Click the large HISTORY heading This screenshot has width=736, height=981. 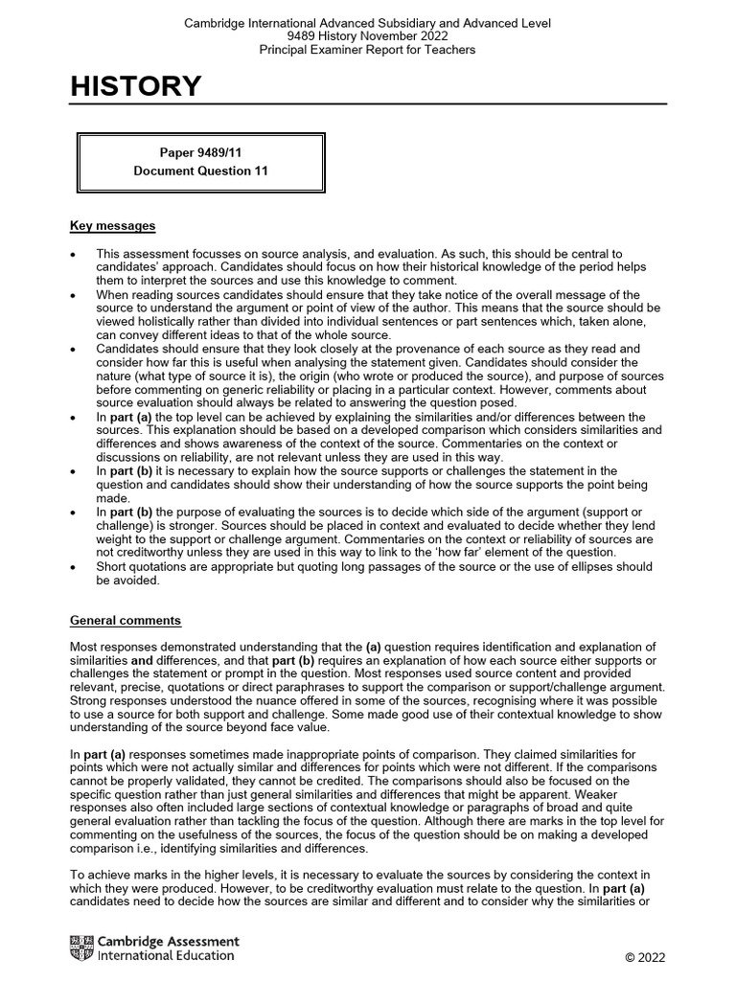pyautogui.click(x=135, y=87)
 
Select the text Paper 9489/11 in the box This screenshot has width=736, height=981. pyautogui.click(x=201, y=152)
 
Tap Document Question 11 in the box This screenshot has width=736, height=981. pyautogui.click(x=201, y=171)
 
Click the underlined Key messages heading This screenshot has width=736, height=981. pyautogui.click(x=112, y=226)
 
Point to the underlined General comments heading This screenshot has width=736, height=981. pyautogui.click(x=125, y=621)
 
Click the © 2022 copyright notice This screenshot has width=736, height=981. pyautogui.click(x=644, y=957)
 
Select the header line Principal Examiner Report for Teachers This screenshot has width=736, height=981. pyautogui.click(x=367, y=49)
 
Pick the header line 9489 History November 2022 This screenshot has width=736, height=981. pyautogui.click(x=367, y=35)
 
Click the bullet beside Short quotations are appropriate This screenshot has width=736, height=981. pyautogui.click(x=74, y=566)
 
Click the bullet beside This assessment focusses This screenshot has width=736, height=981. pyautogui.click(x=74, y=254)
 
